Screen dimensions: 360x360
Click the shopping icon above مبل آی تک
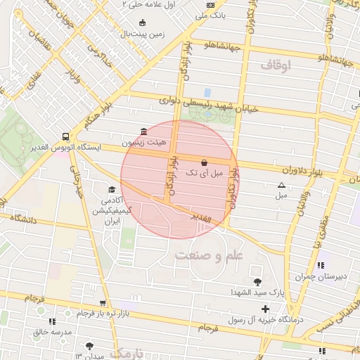click(x=204, y=162)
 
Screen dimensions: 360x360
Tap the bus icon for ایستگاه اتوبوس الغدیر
click(x=65, y=136)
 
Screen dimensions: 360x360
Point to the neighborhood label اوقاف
click(x=275, y=65)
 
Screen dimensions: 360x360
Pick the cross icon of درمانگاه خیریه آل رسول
click(x=264, y=309)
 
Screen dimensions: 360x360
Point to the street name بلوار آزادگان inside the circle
click(x=169, y=176)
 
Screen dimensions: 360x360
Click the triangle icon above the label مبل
click(x=281, y=185)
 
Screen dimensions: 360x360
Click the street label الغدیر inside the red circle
click(x=201, y=219)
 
